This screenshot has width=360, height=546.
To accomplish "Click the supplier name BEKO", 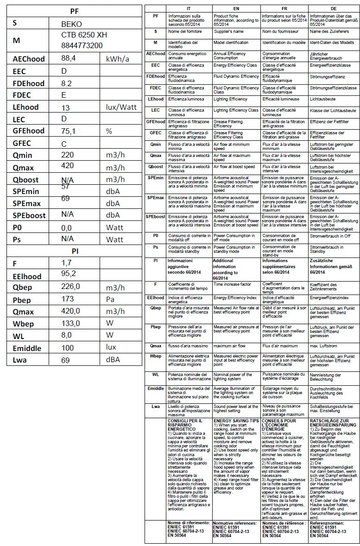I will point(71,24).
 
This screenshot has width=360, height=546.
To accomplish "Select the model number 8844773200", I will point(82,45).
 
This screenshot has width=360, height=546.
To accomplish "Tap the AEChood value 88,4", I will point(69,58).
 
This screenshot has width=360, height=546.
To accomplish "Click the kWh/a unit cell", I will point(118,59).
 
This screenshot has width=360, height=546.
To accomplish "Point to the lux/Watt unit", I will point(121,107).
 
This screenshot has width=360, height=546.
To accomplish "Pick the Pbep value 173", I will point(68,299).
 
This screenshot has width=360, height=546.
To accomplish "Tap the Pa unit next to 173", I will point(110,300).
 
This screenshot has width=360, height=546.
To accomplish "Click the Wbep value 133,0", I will point(70,323).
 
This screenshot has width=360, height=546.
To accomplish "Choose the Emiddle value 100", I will point(68,347).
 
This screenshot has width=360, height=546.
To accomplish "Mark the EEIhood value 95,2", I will point(68,275).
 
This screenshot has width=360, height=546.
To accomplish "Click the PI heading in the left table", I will point(75,251).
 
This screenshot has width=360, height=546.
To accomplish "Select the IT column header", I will point(189,9).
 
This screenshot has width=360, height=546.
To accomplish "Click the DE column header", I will point(334,9).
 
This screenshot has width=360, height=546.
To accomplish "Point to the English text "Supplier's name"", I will point(228,31).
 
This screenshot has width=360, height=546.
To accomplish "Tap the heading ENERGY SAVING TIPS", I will point(236,420).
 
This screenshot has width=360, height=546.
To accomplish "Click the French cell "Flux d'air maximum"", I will point(280,346).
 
